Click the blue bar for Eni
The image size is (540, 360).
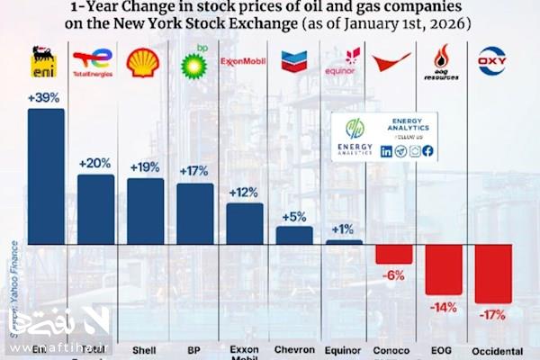pyautogui.click(x=46, y=175)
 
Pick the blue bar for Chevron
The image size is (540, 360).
pyautogui.click(x=293, y=235)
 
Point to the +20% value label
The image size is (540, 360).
pyautogui.click(x=95, y=164)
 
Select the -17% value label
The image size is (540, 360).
pyautogui.click(x=493, y=315)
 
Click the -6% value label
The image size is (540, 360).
pyautogui.click(x=394, y=275)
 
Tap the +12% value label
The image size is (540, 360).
pyautogui.click(x=244, y=193)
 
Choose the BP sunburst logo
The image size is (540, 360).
pyautogui.click(x=194, y=63)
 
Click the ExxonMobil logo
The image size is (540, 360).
pyautogui.click(x=243, y=61)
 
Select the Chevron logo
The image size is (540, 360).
pyautogui.click(x=293, y=61)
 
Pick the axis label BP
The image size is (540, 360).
pyautogui.click(x=194, y=349)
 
